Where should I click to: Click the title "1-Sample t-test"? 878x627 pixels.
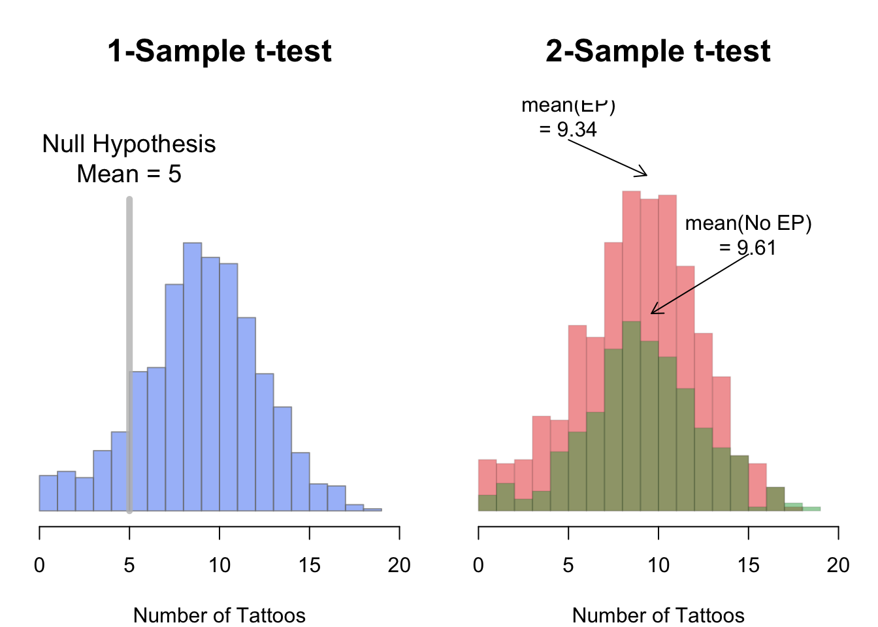point(219,51)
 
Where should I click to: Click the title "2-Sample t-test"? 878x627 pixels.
point(658,51)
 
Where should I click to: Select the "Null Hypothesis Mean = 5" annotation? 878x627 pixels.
point(129,159)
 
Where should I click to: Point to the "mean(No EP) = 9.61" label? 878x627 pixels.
point(748,235)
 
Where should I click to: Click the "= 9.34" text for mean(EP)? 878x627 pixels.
point(568,129)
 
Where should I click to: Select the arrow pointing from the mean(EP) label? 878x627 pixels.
point(608,158)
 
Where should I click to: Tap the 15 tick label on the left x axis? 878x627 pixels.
point(309,565)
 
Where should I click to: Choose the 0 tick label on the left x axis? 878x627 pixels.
point(40,565)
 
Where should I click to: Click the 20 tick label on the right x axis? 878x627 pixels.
point(838,565)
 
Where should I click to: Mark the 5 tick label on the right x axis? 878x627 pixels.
point(568,565)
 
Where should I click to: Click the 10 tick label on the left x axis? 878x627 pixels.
point(219,565)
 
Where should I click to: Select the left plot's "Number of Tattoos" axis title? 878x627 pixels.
point(219,615)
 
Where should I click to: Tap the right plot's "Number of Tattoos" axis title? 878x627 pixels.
point(658,615)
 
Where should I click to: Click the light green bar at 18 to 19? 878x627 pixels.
point(811,508)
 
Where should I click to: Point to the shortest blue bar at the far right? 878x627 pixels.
point(372,509)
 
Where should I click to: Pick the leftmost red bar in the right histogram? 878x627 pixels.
point(487,477)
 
